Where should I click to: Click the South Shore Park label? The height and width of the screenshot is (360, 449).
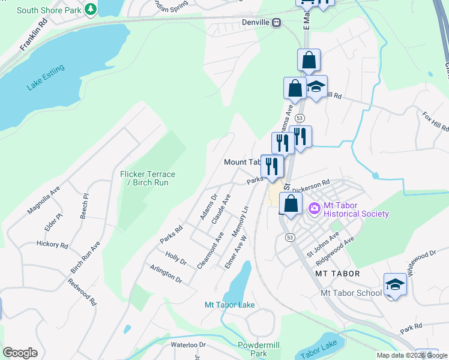coord(49,10)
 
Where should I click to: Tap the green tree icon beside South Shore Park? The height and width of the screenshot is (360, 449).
coord(90,9)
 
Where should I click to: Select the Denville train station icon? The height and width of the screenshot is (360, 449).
coord(276,23)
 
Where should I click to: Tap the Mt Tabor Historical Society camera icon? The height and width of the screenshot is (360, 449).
coord(313,208)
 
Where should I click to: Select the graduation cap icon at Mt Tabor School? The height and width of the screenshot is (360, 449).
coord(395,284)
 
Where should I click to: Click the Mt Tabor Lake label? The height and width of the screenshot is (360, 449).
coord(230,305)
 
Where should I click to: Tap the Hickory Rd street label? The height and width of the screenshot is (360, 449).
coord(52,244)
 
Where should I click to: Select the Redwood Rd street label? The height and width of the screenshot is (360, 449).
coord(82,292)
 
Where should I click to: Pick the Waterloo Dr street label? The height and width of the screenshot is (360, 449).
coord(188,345)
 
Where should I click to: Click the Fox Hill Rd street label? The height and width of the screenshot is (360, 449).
coord(435,122)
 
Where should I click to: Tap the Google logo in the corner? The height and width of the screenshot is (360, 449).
coord(20,352)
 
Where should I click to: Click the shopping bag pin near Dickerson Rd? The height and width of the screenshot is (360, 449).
coord(291,204)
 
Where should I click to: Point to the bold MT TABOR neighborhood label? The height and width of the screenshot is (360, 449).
coord(337,274)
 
